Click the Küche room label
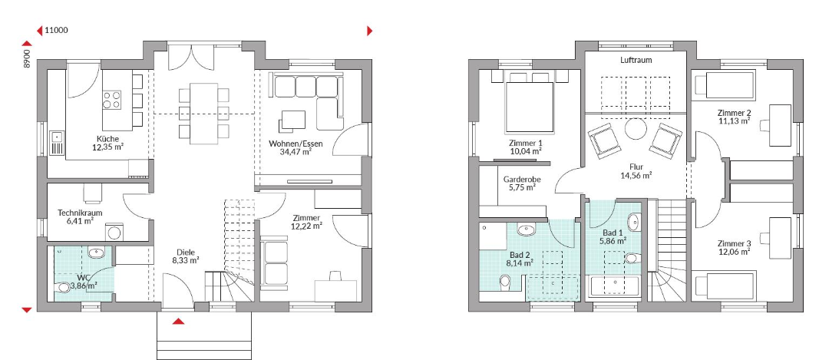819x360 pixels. [x=107, y=138]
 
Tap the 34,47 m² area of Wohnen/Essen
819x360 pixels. [x=296, y=152]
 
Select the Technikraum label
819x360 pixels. [x=80, y=213]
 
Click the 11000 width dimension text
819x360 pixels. [x=56, y=30]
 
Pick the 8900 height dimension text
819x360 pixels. [x=27, y=58]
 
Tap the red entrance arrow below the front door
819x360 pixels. [x=179, y=322]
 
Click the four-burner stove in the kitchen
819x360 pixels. [x=111, y=101]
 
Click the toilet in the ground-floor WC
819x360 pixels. [x=64, y=287]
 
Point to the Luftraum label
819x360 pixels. [x=636, y=60]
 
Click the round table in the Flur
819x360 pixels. [x=636, y=128]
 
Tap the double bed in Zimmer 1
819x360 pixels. [x=529, y=103]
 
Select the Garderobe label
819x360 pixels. [x=522, y=179]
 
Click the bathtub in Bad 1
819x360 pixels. [x=614, y=286]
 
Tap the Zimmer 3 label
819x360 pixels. [x=734, y=243]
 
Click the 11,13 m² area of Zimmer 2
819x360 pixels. [x=734, y=121]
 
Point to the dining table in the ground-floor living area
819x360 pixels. [x=203, y=113]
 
